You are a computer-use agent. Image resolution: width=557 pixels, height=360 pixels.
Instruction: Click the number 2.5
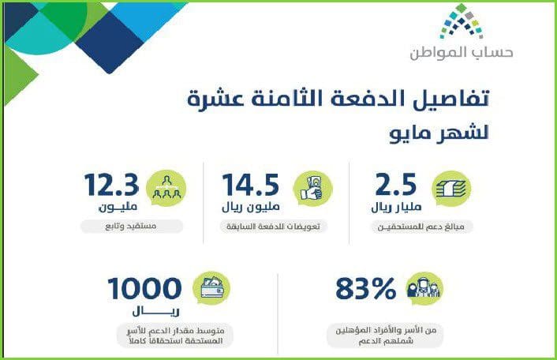pos(395,185)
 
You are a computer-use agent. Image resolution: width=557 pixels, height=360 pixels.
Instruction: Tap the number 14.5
pos(250,185)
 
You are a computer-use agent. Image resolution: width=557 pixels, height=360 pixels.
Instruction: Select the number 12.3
pos(111,185)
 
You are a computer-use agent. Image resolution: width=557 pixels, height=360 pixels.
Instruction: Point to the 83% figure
pos(365,288)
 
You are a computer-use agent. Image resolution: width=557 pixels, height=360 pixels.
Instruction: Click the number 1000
pos(144,288)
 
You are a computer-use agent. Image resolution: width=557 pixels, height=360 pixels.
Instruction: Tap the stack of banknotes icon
pos(451,189)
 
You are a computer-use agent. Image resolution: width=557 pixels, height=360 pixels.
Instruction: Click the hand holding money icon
pos(312,189)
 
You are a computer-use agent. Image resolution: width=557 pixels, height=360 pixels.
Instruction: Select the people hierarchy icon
pos(166,189)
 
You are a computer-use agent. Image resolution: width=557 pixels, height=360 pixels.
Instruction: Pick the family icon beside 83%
pos(424,288)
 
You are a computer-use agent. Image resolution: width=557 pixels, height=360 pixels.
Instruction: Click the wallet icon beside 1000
pos(211,288)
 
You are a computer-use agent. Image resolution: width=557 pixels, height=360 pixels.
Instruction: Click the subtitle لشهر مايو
pos(439,133)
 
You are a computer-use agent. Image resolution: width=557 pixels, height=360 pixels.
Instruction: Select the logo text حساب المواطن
pos(462,53)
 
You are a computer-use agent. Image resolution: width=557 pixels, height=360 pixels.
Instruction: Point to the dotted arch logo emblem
pos(462,21)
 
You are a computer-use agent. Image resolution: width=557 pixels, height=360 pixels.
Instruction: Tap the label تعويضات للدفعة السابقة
pos(273,227)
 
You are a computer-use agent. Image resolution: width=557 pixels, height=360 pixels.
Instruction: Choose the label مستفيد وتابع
pos(131,226)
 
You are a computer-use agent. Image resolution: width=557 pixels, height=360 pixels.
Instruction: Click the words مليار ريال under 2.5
pos(396,207)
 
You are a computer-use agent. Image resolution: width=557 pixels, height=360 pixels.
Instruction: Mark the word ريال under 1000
pos(156,311)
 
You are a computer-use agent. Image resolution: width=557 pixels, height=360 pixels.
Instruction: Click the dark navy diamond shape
pos(110,42)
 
